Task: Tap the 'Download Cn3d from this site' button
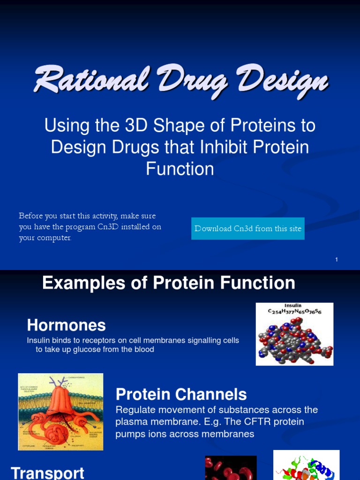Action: pyautogui.click(x=247, y=229)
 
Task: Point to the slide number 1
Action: pyautogui.click(x=337, y=260)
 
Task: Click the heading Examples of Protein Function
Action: pyautogui.click(x=169, y=283)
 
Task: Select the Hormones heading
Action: pyautogui.click(x=66, y=325)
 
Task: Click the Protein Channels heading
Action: pyautogui.click(x=181, y=394)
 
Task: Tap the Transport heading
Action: pyautogui.click(x=47, y=472)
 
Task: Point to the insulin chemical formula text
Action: pyautogui.click(x=294, y=311)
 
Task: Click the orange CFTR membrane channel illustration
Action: pyautogui.click(x=60, y=412)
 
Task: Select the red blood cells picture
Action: pyautogui.click(x=231, y=468)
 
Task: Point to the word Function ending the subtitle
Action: pyautogui.click(x=180, y=169)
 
